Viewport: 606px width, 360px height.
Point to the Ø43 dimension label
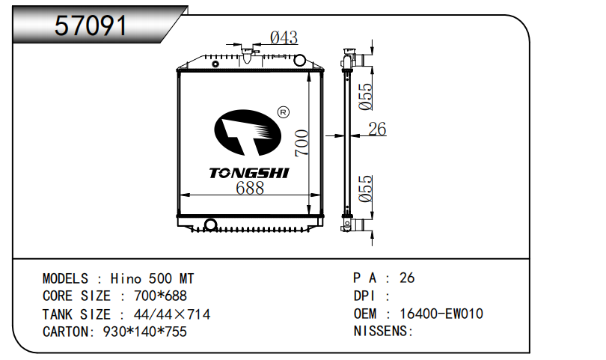pos(284,37)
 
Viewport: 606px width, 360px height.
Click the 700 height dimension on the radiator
pos(301,143)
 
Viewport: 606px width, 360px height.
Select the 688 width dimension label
pos(249,189)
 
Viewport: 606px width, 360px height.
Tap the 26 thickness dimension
pos(377,129)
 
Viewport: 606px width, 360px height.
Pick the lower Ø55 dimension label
pos(365,189)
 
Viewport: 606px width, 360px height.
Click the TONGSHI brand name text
pos(248,173)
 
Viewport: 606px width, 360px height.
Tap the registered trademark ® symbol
pos(283,113)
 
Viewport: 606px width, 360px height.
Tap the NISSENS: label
pos(383,331)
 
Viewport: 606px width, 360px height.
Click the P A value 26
pos(407,278)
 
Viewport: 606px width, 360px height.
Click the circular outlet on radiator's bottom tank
pos(210,225)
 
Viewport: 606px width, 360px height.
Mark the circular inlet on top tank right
pos(299,59)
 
